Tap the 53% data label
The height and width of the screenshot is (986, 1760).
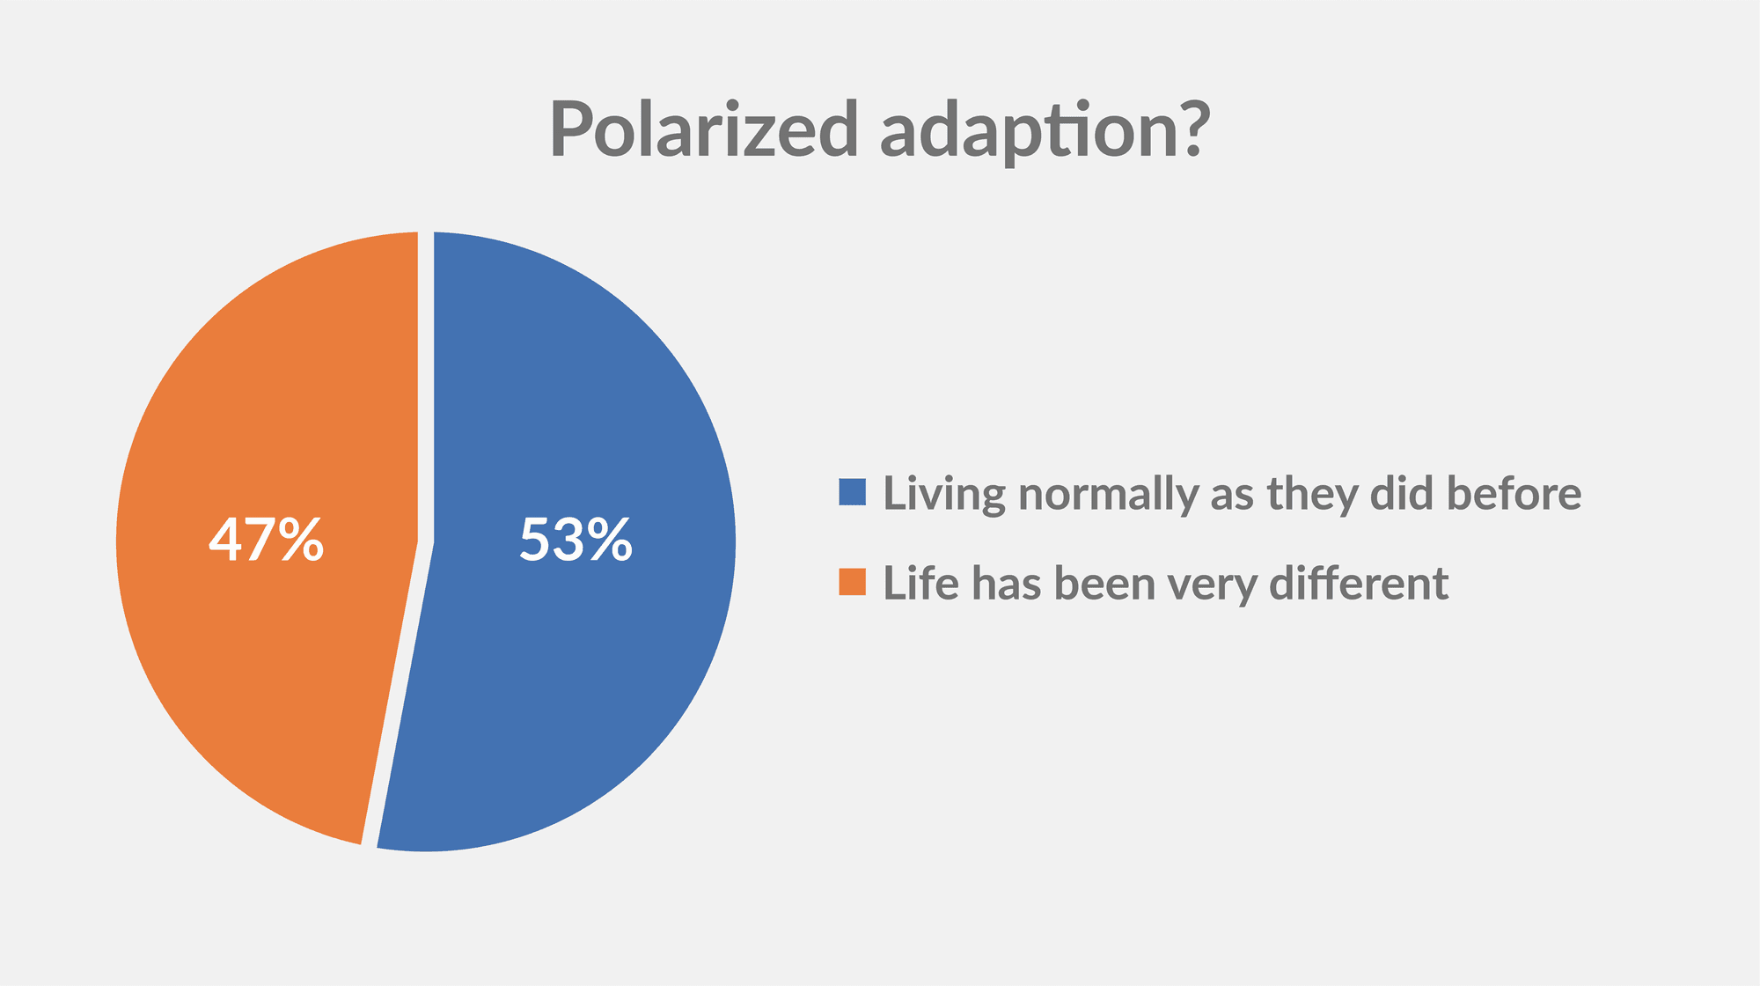coord(576,540)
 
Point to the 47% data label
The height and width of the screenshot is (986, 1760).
coord(266,540)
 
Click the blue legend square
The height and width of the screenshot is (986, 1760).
coord(853,492)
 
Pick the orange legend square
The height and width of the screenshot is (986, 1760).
coord(853,582)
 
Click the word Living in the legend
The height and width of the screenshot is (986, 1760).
coord(944,495)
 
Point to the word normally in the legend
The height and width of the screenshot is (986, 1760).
coord(1109,495)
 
